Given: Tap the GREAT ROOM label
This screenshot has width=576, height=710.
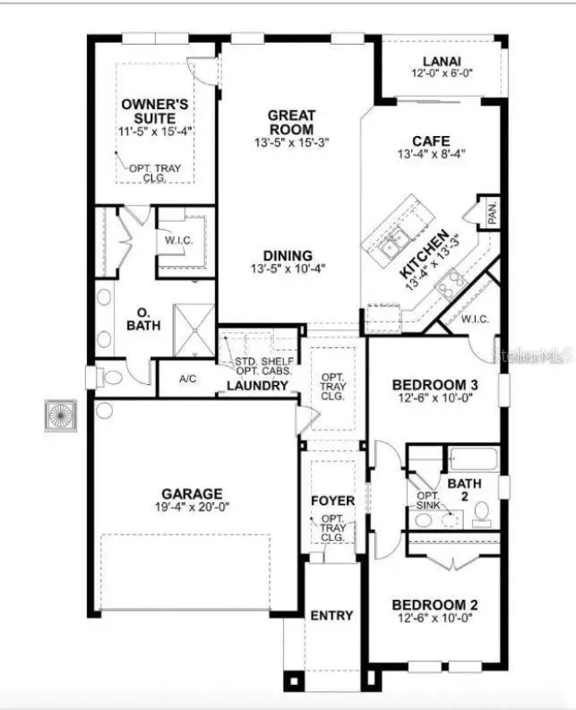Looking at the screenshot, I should tap(291, 122).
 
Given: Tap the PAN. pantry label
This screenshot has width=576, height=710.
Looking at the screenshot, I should tap(492, 214).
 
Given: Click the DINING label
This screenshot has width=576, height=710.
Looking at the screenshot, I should tap(288, 254).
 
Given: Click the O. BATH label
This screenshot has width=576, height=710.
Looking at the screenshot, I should tap(142, 319).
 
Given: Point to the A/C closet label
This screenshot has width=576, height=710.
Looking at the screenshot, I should tap(187, 379).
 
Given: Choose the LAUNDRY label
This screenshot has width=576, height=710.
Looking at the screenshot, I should tap(258, 386).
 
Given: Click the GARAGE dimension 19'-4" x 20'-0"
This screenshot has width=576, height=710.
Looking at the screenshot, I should tap(192, 508).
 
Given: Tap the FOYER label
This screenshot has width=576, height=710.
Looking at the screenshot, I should tap(332, 500).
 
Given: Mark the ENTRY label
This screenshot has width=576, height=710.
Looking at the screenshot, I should tap(331, 615).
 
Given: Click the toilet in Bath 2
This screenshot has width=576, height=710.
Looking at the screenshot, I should tap(481, 512).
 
